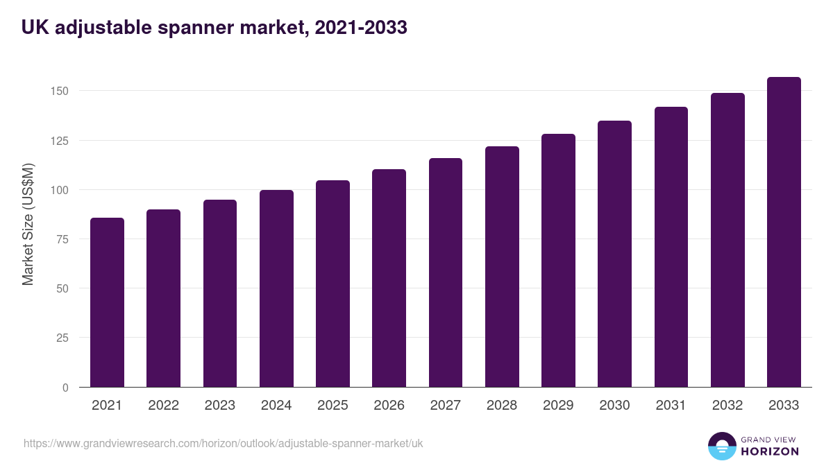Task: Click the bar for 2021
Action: click(107, 303)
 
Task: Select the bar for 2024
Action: click(276, 289)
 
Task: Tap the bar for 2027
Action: click(446, 272)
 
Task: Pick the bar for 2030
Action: click(614, 254)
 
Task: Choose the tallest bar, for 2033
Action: click(784, 232)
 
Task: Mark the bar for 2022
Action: click(163, 299)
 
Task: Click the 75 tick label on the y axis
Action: click(62, 239)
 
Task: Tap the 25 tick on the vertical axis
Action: click(62, 338)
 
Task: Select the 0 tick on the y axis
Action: click(65, 388)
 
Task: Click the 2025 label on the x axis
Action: click(333, 406)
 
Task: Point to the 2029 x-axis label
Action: click(558, 406)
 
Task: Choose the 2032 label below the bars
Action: click(727, 406)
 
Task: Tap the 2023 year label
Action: click(219, 406)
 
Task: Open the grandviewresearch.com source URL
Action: click(223, 443)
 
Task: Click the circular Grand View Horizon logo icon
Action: click(721, 446)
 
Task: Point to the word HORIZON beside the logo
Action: click(769, 451)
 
